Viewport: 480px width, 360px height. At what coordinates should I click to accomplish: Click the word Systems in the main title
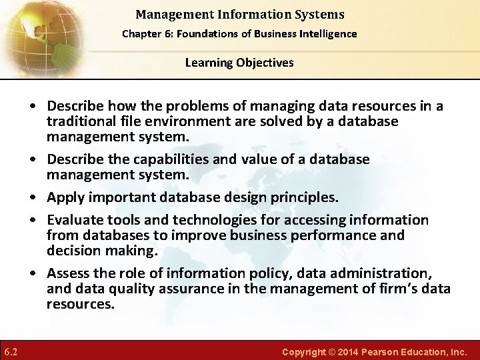[321, 14]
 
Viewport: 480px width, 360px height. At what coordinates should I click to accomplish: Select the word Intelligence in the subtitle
[327, 33]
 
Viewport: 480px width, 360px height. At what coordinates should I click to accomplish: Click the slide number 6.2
[10, 351]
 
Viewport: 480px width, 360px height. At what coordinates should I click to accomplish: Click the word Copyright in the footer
[304, 351]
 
